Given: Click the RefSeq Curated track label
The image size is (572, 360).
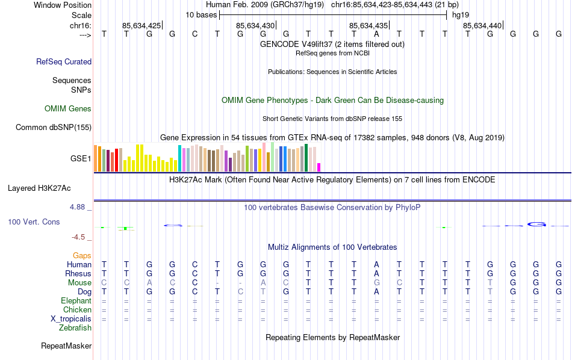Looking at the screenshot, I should tap(64, 61).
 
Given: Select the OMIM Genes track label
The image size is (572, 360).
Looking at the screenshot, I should tap(68, 109).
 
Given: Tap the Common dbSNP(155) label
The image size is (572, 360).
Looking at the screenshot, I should tap(54, 127).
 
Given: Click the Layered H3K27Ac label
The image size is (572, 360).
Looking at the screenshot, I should tap(49, 188).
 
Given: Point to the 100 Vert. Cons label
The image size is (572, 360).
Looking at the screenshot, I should tap(34, 222).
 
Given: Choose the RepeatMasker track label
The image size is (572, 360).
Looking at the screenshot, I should tap(66, 346).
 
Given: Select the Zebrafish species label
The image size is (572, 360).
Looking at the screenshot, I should tap(75, 328).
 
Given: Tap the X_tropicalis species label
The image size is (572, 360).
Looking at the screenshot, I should tap(71, 319).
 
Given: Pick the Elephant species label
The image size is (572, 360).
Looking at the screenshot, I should tap(76, 301).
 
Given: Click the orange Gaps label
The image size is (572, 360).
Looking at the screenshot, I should tap(82, 256).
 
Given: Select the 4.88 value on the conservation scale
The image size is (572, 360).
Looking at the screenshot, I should tap(78, 207).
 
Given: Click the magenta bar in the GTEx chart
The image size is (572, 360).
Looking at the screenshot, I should tap(319, 167).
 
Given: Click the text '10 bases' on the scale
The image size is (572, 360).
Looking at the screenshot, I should tap(201, 14).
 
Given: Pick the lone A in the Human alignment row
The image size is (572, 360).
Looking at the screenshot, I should tap(376, 264).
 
